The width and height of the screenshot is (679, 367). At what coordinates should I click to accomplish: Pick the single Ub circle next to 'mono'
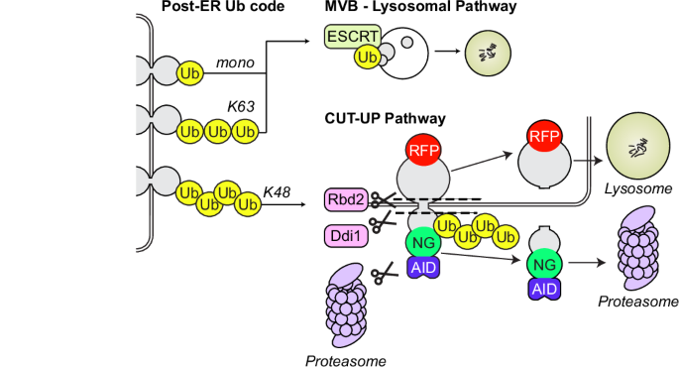189,71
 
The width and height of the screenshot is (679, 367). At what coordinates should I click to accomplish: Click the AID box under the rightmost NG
541,289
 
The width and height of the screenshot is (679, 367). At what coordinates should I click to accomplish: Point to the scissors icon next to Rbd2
378,199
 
